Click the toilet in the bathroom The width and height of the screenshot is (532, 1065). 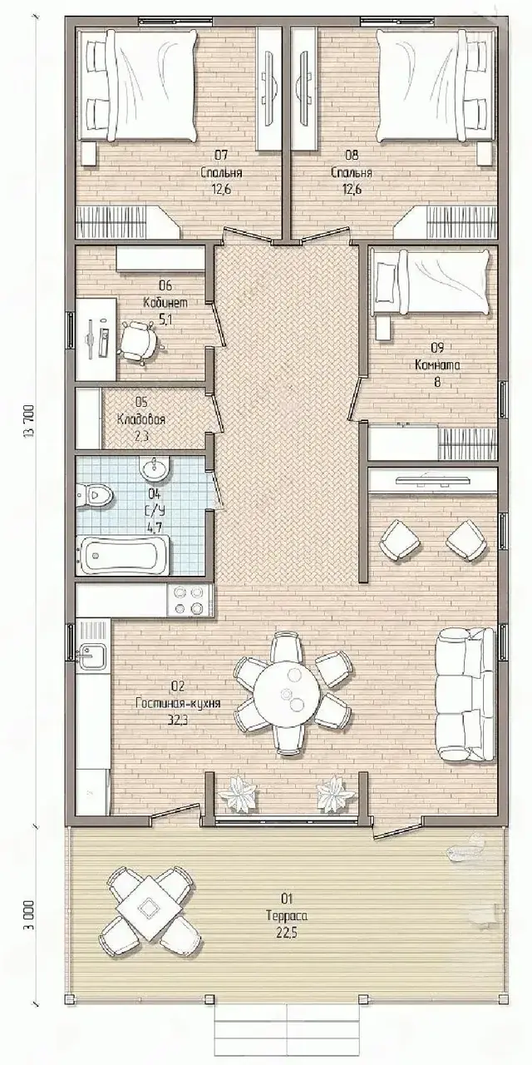95,495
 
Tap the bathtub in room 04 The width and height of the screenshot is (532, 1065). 122,555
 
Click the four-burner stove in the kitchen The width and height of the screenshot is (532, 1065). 189,600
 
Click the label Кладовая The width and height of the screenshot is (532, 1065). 141,419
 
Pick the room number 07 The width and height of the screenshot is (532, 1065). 221,155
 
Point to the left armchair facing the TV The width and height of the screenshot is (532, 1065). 399,540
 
